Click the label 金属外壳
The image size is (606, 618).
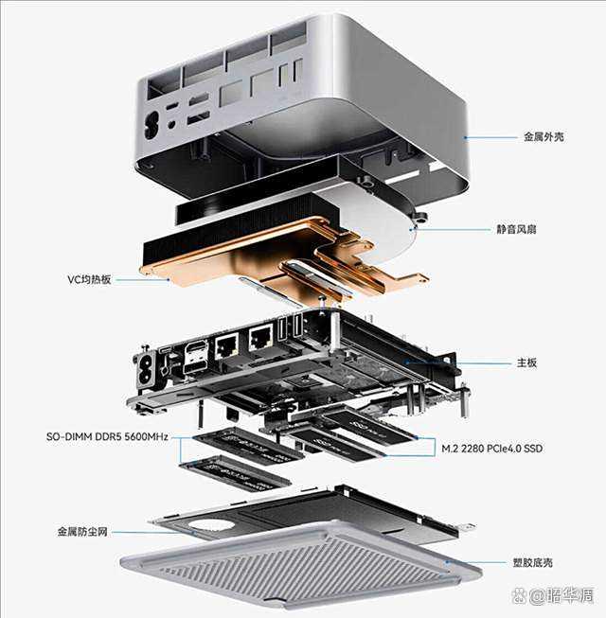(x=544, y=136)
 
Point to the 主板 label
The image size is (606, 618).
(x=527, y=362)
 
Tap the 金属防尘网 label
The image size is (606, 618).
(x=81, y=533)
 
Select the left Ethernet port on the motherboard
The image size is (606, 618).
(x=226, y=345)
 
